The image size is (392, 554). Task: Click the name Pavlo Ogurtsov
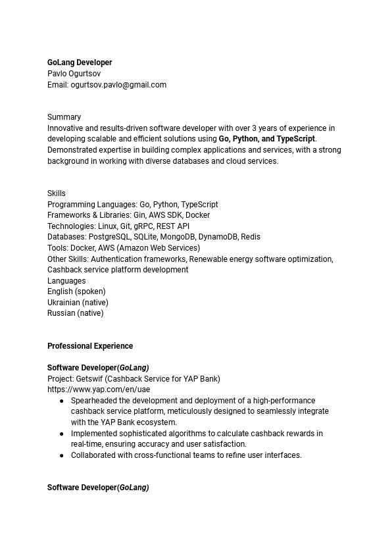click(74, 74)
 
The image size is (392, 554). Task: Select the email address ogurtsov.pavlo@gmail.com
click(118, 85)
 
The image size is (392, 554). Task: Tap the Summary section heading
click(64, 117)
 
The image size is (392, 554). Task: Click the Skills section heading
click(57, 193)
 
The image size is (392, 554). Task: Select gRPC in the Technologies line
click(143, 226)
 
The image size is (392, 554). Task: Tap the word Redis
click(251, 237)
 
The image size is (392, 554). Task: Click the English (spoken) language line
click(76, 291)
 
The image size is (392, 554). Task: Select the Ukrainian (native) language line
click(78, 303)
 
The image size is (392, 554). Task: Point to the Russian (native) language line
click(75, 313)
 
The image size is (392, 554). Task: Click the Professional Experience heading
click(90, 346)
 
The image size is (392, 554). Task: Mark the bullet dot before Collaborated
click(62, 455)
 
